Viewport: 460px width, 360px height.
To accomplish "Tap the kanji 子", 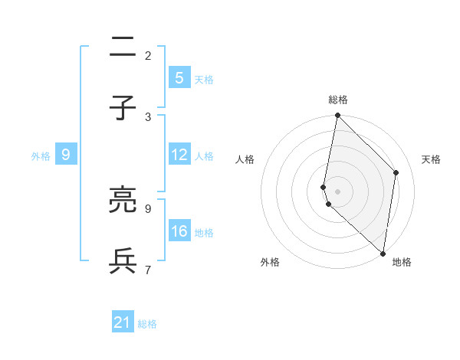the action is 123,109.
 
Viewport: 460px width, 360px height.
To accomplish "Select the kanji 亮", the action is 123,200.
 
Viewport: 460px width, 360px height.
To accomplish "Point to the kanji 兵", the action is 123,261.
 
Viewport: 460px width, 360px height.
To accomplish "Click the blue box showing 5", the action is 179,77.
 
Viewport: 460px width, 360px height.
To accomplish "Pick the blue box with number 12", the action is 179,155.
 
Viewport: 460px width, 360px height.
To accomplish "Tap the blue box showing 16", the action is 179,231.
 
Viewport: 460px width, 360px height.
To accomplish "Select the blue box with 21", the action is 123,322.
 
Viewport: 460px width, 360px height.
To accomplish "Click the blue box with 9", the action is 66,155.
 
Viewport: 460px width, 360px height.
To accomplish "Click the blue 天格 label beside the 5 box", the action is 204,80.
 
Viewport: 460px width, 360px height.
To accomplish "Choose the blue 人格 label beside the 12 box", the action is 204,156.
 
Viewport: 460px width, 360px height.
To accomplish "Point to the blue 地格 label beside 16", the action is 204,233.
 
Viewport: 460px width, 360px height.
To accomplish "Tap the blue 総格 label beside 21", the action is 148,325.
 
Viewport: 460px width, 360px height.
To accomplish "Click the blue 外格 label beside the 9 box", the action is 41,156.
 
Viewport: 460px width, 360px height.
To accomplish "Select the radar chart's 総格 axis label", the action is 338,100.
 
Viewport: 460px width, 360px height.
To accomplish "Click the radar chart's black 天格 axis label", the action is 432,159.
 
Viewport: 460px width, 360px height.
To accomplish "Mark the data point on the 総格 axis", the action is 337,116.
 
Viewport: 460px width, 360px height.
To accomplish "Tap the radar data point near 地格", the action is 383,253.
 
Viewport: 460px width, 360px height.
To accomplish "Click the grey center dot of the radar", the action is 337,191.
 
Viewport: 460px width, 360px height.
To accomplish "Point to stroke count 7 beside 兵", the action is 148,269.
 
